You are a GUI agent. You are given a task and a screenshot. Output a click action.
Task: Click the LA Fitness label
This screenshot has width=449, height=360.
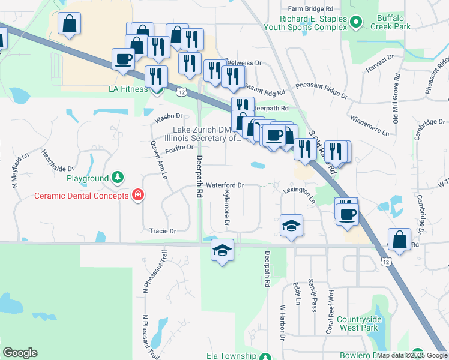point(128,89)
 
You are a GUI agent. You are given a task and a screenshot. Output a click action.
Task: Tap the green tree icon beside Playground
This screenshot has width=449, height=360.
point(119,178)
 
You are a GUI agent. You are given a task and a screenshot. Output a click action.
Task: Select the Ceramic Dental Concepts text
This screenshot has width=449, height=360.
point(81,196)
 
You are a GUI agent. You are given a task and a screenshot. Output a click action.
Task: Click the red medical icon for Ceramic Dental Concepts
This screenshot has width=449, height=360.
point(138,195)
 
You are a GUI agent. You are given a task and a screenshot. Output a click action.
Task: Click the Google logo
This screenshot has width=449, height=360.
point(20,353)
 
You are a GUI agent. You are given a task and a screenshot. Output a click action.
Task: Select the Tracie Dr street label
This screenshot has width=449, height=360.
point(163,231)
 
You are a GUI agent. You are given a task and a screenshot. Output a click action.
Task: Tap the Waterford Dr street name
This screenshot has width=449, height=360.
point(225,185)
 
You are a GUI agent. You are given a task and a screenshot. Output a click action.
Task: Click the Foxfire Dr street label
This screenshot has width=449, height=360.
point(181,147)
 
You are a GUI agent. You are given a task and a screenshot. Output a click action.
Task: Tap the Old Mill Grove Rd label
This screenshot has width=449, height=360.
point(396,99)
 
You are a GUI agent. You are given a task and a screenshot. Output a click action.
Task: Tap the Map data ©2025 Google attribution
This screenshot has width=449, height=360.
point(411,355)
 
